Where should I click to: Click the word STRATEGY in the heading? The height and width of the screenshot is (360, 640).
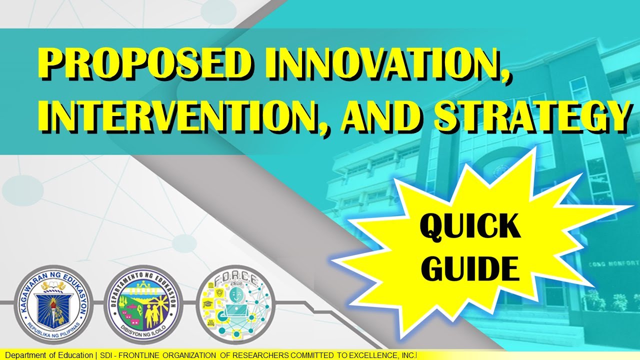coord(530,118)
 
